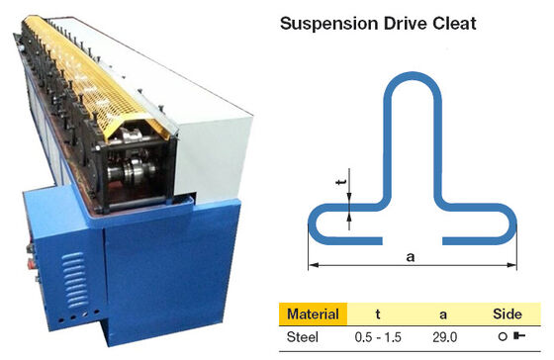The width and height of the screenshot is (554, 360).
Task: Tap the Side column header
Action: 508,315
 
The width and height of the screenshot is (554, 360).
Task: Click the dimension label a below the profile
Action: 411,256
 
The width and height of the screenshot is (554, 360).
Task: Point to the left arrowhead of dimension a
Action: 313,264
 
